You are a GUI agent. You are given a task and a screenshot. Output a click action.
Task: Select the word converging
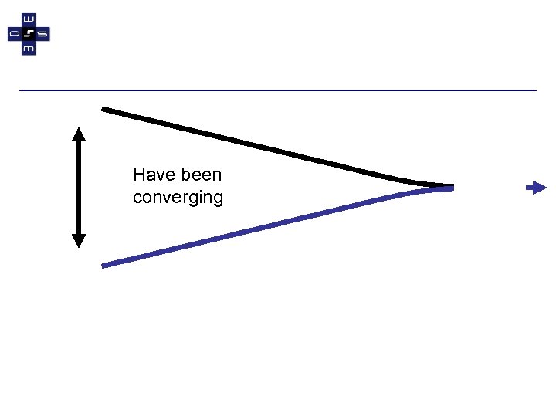tap(178, 198)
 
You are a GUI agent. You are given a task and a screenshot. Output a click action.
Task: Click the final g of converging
tap(218, 199)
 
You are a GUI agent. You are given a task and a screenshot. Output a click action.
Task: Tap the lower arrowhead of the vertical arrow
tap(78, 240)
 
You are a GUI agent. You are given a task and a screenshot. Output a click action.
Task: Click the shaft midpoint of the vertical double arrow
tap(78, 187)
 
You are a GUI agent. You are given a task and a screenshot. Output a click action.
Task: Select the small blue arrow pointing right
tap(536, 187)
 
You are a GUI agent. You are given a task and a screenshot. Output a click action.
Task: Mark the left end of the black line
tap(103, 109)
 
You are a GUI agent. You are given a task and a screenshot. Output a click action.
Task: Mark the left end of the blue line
tap(103, 266)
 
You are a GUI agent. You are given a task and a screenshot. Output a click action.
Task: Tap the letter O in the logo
tap(15, 34)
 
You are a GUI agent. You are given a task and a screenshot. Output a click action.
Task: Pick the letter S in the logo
tap(42, 34)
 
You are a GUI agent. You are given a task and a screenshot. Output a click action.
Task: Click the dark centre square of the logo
tap(29, 34)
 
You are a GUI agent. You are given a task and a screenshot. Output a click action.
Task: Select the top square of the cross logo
tap(29, 20)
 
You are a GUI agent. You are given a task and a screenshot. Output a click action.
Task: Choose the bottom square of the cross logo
tap(29, 48)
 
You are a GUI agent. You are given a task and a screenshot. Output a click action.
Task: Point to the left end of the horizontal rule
tap(21, 90)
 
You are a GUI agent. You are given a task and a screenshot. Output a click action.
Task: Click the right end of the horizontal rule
tap(535, 90)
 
